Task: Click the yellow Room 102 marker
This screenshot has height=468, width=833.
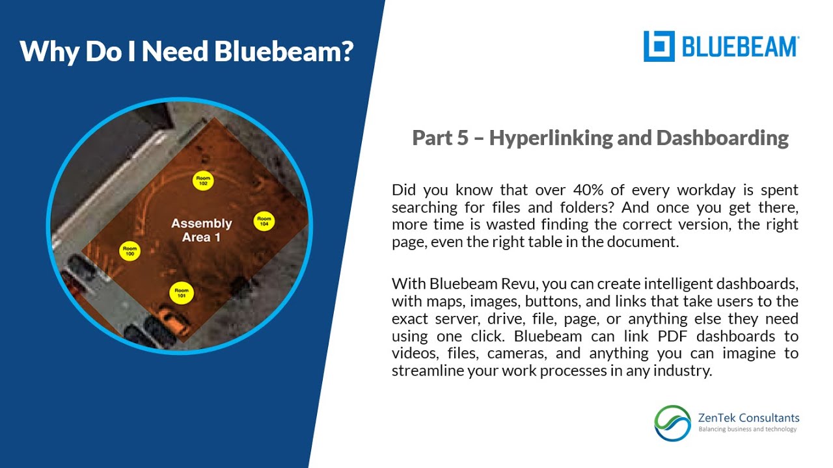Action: (203, 181)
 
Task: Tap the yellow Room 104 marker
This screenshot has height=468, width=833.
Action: (264, 221)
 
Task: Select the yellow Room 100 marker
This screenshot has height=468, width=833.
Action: (130, 251)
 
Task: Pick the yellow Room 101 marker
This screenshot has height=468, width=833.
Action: (182, 292)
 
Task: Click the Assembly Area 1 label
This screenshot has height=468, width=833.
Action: (201, 230)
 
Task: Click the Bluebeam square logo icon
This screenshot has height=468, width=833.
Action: (659, 46)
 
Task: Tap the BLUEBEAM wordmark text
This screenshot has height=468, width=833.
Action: (740, 47)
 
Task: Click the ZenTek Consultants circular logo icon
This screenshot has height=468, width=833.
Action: (672, 423)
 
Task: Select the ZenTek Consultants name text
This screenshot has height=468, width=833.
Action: (748, 418)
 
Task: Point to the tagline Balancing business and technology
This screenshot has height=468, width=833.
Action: (747, 429)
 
